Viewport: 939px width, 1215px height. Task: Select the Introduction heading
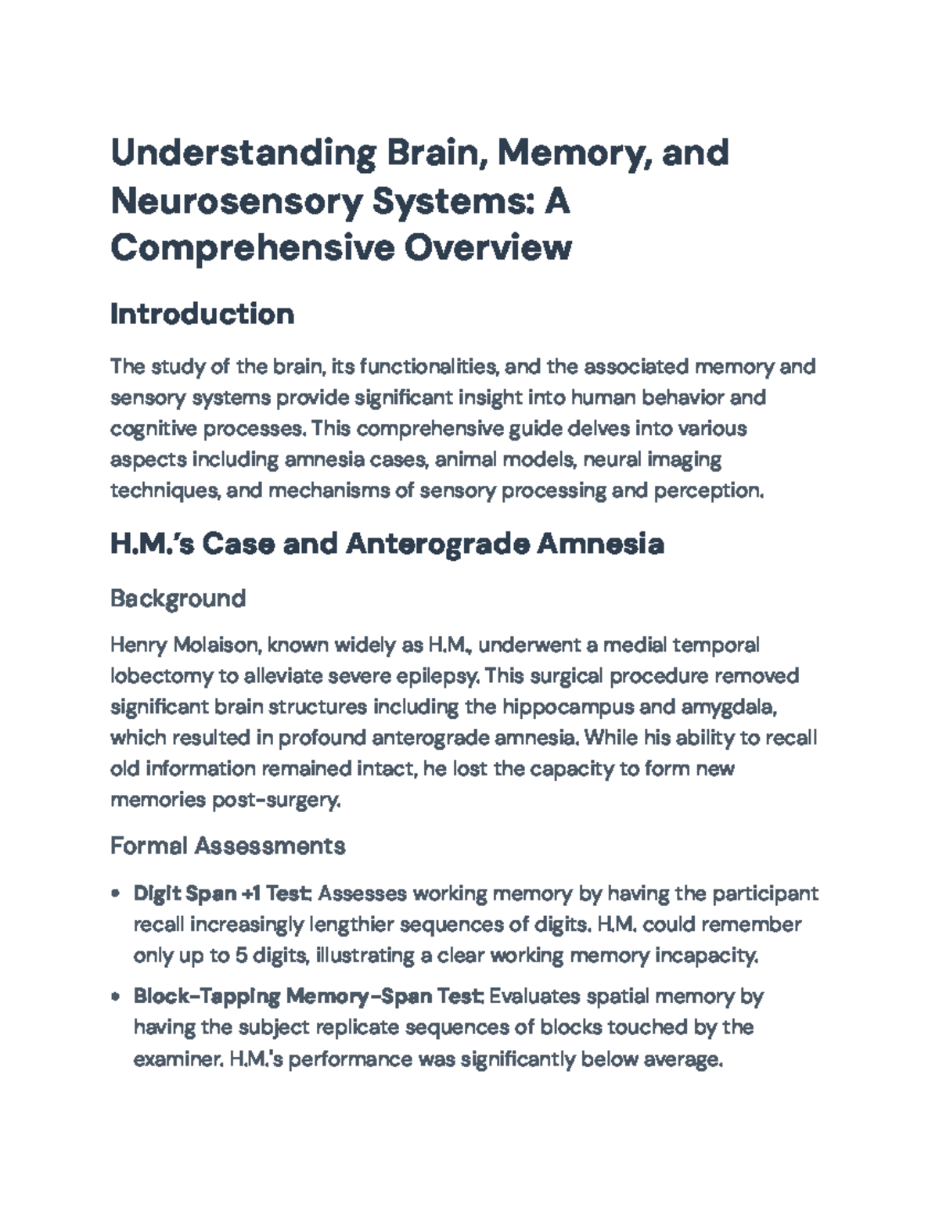(202, 314)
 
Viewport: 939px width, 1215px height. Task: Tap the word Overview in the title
(487, 247)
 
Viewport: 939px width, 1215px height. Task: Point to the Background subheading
(178, 599)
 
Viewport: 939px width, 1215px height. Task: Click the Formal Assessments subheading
(228, 846)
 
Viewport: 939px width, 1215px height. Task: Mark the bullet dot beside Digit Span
(116, 893)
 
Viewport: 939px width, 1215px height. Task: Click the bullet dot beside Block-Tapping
(116, 997)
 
